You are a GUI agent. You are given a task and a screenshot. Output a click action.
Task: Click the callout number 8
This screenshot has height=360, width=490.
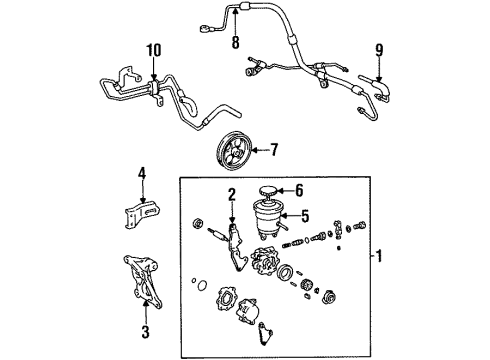tap(236, 43)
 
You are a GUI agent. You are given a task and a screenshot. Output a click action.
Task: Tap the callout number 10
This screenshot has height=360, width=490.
tap(152, 50)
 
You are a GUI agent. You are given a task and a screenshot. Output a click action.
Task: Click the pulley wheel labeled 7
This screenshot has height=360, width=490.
tap(237, 157)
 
